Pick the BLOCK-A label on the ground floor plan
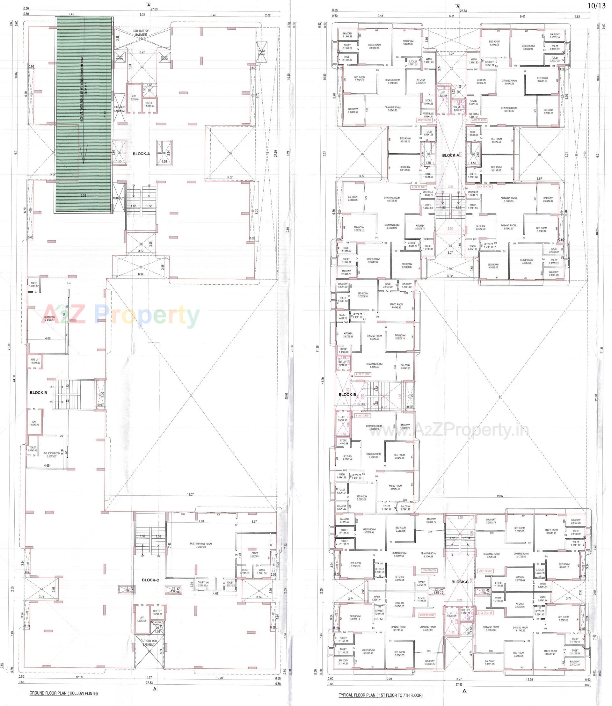[141, 154]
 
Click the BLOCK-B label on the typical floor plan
[347, 395]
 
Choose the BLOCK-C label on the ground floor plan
[150, 580]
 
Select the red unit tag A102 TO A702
[424, 120]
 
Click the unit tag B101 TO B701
[363, 416]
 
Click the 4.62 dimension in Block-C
[215, 593]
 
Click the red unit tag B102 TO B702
[363, 374]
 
